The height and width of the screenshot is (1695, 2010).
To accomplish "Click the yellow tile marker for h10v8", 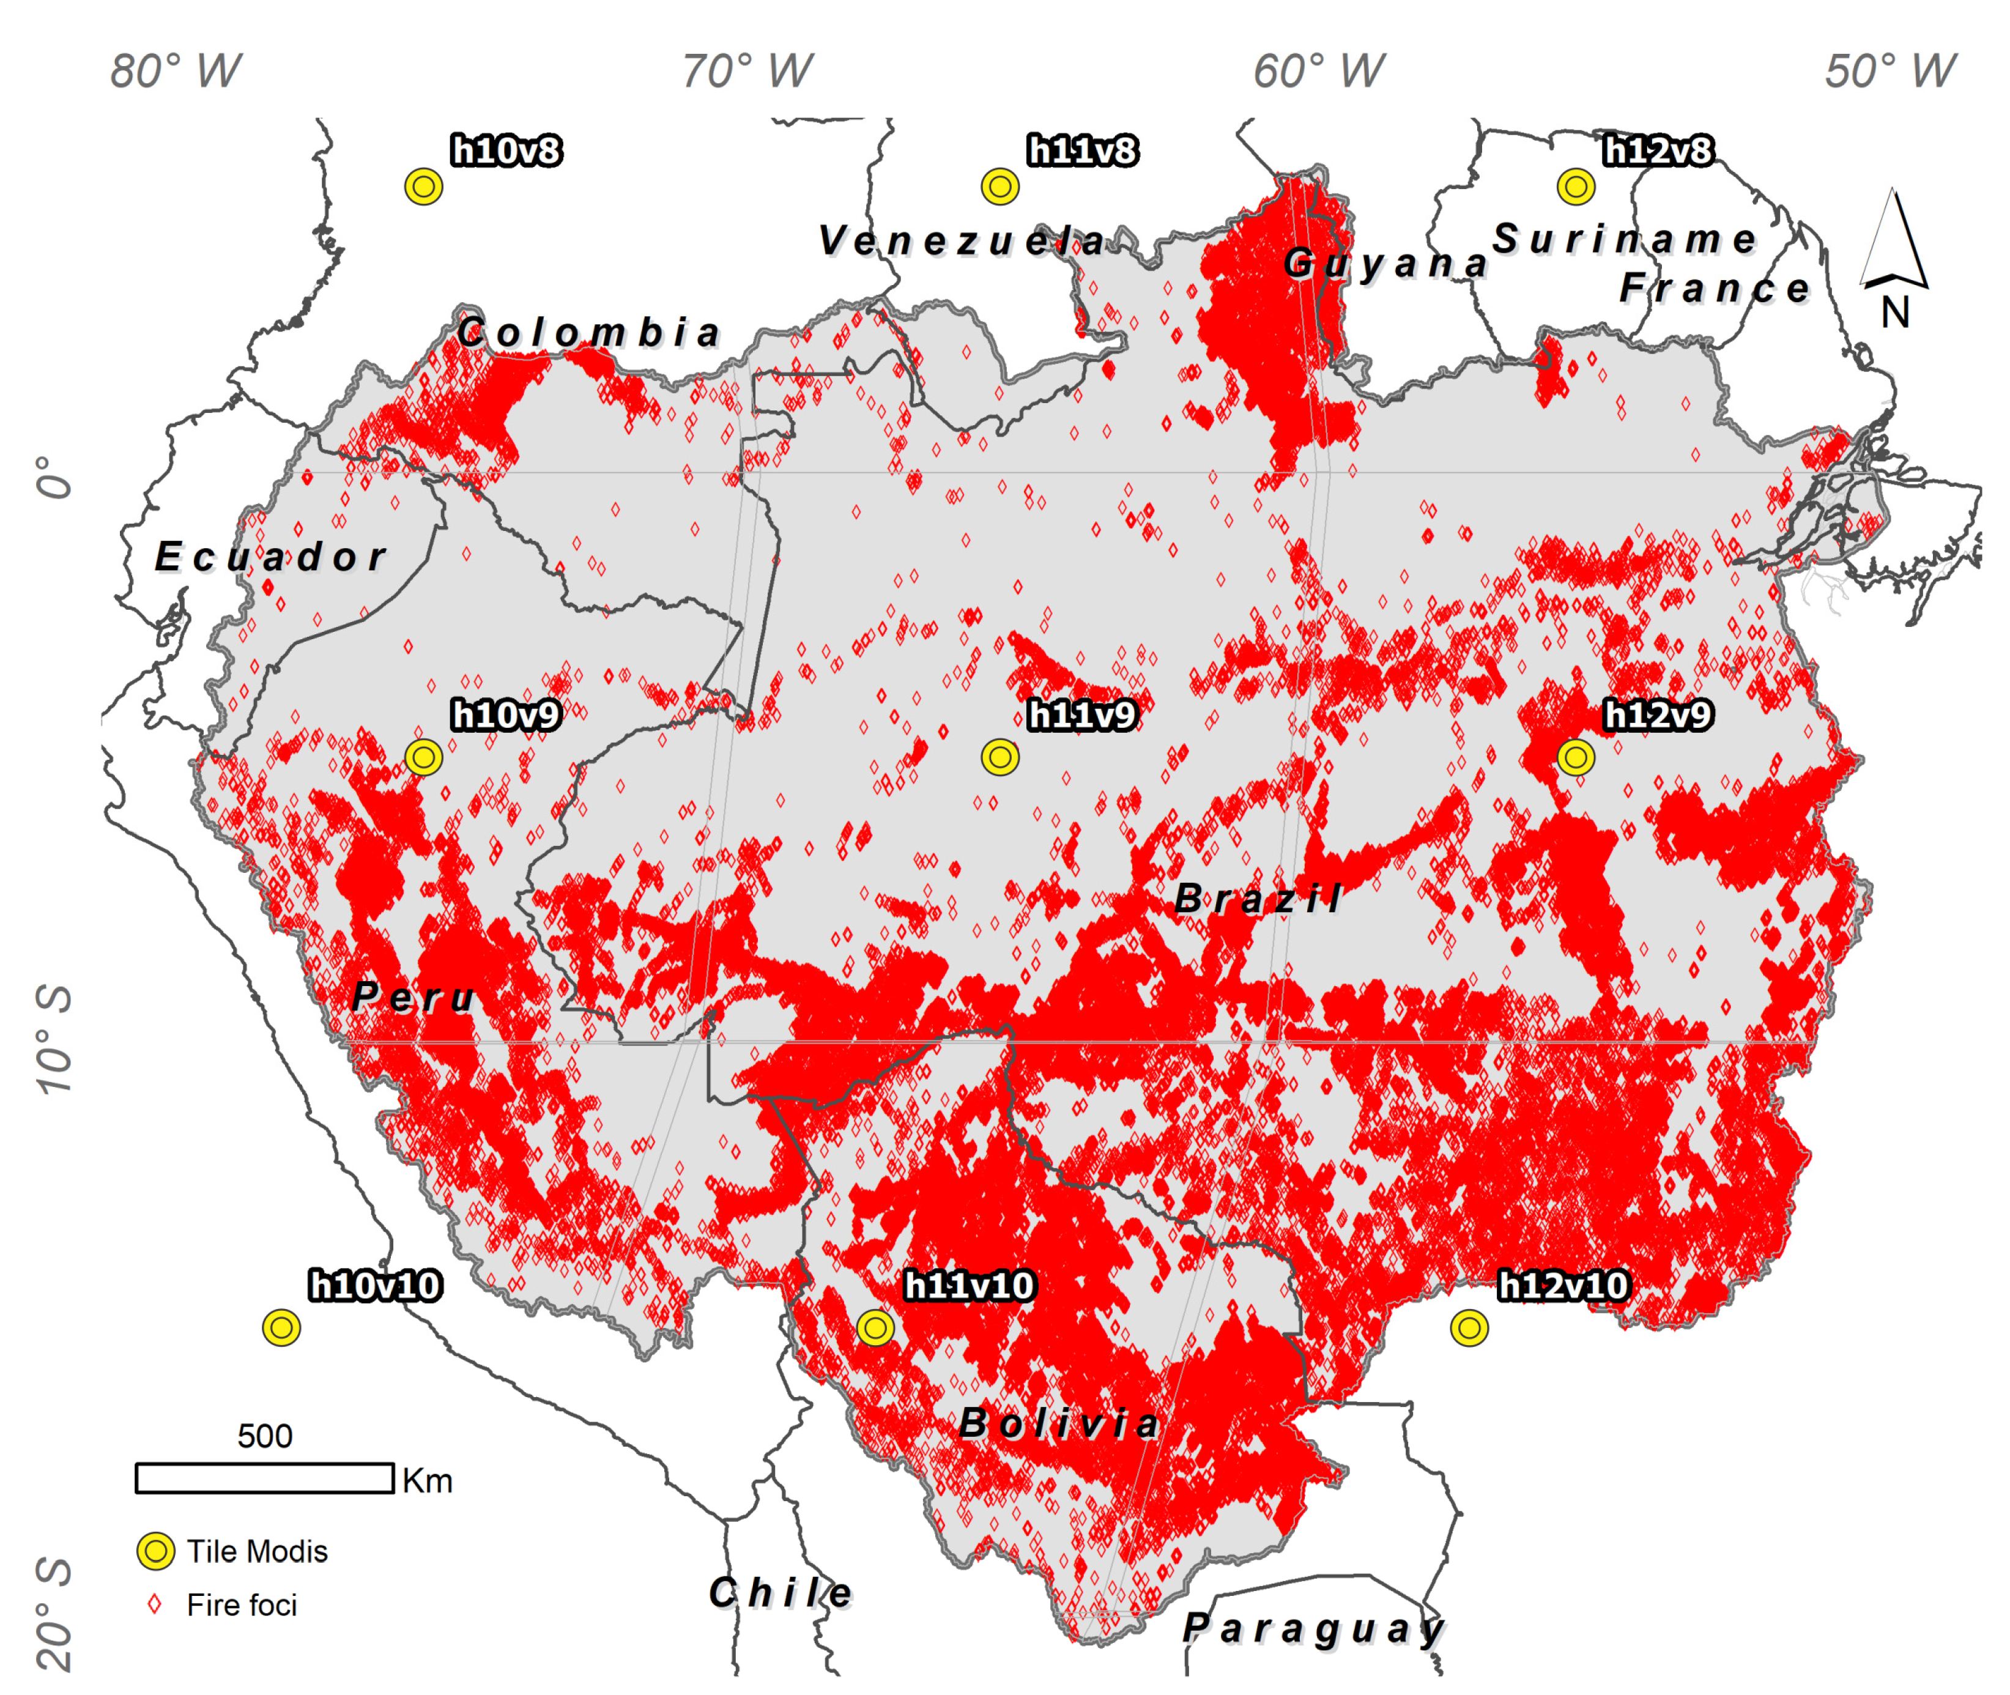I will click(x=424, y=187).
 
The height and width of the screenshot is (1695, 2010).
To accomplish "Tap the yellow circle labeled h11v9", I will click(x=999, y=757).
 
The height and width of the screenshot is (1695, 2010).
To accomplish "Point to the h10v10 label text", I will click(x=375, y=1286).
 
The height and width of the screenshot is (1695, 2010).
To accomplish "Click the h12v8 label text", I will click(x=1658, y=151).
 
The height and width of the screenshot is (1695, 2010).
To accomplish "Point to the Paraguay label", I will click(x=1313, y=1628).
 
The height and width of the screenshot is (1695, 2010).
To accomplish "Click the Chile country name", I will click(x=780, y=1593).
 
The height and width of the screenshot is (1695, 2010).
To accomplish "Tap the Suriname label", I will click(x=1624, y=239).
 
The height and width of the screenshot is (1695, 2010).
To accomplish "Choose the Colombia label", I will click(x=589, y=333).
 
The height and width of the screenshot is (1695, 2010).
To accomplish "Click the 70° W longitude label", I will click(x=747, y=71).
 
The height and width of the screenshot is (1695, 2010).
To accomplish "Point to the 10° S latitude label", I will click(x=55, y=1038).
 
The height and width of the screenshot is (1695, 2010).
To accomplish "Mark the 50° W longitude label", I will click(x=1890, y=71).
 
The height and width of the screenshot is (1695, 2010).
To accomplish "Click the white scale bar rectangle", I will click(x=264, y=1478).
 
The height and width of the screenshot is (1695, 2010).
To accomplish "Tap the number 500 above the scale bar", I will click(x=264, y=1436).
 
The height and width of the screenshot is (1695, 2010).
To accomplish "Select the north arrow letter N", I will click(x=1895, y=313).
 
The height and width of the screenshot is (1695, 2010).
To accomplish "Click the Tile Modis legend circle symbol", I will click(x=155, y=1551).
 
